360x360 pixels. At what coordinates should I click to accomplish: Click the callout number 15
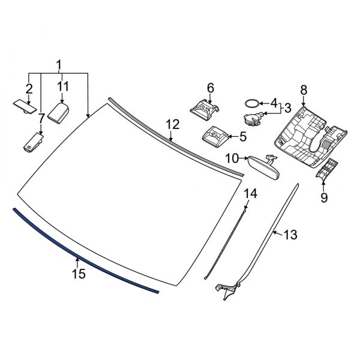pos(79,274)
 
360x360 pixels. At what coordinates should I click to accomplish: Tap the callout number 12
pos(172,124)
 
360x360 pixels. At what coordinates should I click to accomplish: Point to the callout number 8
pos(304,90)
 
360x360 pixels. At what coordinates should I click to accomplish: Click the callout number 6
pos(211,88)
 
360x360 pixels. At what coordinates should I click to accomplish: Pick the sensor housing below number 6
pos(205,109)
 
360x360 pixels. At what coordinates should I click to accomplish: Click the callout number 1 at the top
pos(59,64)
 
